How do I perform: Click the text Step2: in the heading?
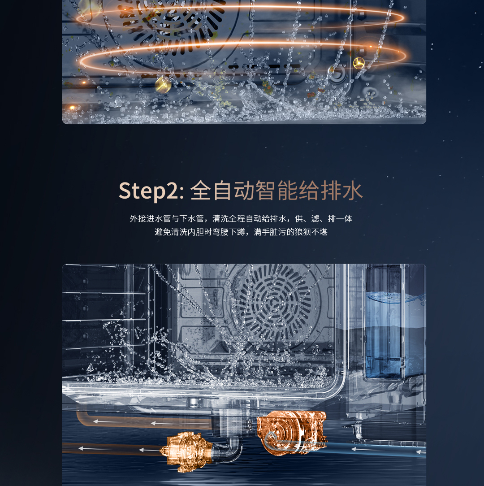point(151,191)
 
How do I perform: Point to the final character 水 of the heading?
point(352,190)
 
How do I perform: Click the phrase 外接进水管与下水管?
point(167,218)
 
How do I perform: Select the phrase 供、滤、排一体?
point(324,218)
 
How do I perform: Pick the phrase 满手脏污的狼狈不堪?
point(291,232)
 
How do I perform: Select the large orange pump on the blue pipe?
point(292,432)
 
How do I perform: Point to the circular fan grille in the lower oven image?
point(274,305)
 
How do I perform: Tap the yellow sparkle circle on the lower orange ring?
point(359,63)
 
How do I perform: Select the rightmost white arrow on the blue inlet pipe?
point(421,452)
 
